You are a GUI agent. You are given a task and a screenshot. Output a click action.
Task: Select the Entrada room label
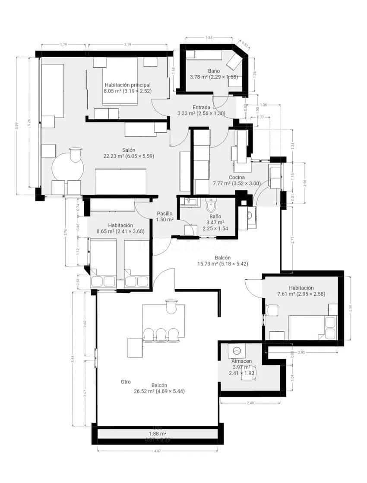(x=201, y=107)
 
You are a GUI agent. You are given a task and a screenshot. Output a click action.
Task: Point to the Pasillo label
(x=165, y=213)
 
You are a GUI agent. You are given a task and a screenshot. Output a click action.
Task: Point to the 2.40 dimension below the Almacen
(x=250, y=403)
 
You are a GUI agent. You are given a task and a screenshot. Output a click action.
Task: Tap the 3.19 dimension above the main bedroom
(x=127, y=44)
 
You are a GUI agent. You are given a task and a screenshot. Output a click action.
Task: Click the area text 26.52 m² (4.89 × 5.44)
(x=159, y=391)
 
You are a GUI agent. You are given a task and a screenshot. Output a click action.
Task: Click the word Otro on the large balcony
(x=126, y=382)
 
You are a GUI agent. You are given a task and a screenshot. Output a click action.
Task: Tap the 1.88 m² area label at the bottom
(x=158, y=434)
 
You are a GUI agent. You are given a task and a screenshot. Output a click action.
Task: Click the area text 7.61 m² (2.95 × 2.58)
(x=302, y=294)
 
